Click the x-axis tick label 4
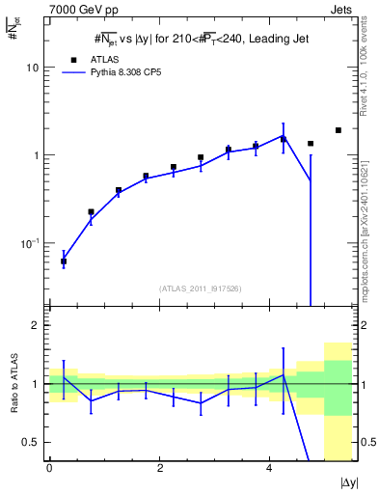pos(268,467)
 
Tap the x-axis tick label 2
pos(159,467)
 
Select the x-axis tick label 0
pos(49,467)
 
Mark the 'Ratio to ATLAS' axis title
pos(13,383)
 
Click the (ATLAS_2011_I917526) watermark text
pos(201,288)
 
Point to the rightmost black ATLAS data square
pos(338,130)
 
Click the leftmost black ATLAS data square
pos(64,261)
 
